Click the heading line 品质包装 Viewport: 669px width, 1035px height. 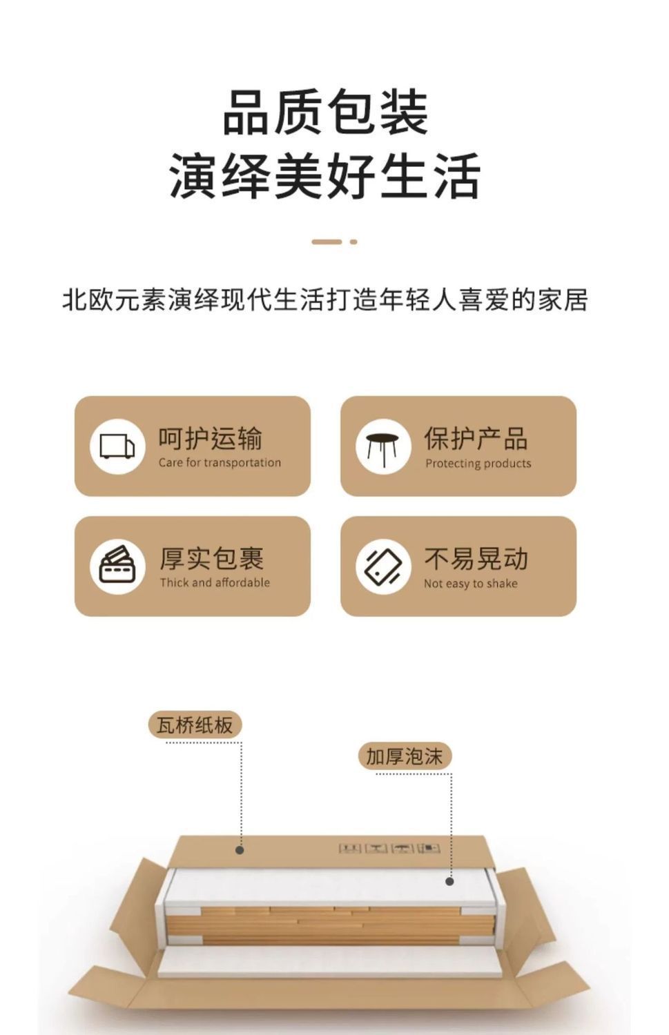tap(325, 112)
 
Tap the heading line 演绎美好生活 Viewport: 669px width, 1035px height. tap(325, 177)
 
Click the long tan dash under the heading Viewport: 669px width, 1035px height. tap(327, 241)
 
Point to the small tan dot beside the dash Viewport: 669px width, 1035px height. tap(353, 241)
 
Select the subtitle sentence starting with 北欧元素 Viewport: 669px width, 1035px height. tap(325, 300)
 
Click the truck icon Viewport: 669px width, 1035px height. tap(117, 446)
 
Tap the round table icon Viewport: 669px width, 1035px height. tap(383, 446)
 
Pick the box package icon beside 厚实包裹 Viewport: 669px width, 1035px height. tap(117, 566)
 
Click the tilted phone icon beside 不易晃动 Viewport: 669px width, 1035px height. tap(383, 566)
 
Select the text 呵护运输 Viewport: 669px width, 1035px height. tap(211, 438)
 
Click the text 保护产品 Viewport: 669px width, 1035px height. tap(476, 438)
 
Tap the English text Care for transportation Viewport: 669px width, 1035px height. tap(220, 463)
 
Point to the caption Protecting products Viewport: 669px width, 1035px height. tap(478, 464)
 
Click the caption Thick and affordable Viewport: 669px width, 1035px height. tap(215, 582)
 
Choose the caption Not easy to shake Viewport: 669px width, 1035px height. tap(470, 584)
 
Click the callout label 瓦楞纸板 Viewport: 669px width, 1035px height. tap(195, 725)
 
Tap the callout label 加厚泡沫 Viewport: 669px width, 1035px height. tap(405, 756)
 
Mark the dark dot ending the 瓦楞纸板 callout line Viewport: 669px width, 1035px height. tap(240, 849)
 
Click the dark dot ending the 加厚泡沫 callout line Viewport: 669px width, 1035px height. tap(449, 881)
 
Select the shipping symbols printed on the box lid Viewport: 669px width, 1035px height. tap(389, 847)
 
